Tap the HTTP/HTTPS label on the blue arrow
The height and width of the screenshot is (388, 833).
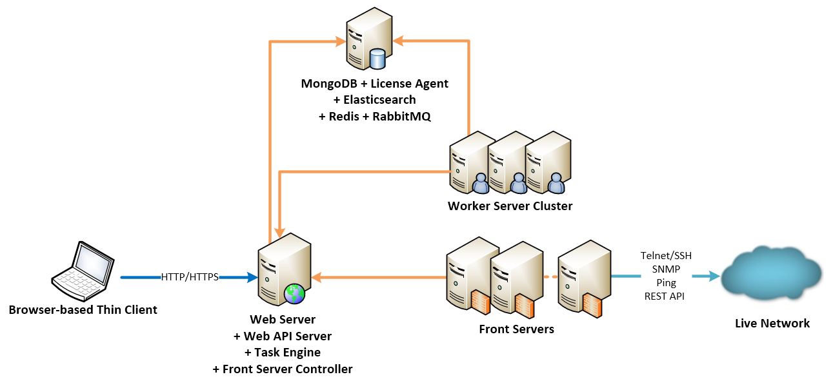click(x=190, y=277)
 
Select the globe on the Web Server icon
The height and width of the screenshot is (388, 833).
click(x=295, y=293)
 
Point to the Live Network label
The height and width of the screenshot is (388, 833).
click(x=772, y=324)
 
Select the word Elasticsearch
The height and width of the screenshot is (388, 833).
click(x=379, y=100)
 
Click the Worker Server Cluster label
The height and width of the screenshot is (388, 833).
click(x=510, y=206)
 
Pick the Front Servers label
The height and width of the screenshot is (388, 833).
click(x=516, y=329)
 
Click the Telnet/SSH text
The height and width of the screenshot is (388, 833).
click(x=666, y=256)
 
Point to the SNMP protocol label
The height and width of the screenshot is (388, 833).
click(x=666, y=269)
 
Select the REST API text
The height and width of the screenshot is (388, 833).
click(x=665, y=296)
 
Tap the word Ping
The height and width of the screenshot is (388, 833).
click(x=666, y=283)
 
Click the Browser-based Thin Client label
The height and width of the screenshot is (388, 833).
click(x=83, y=310)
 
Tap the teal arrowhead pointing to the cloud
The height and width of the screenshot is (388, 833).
click(x=714, y=276)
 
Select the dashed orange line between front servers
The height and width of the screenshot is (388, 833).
click(x=550, y=277)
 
